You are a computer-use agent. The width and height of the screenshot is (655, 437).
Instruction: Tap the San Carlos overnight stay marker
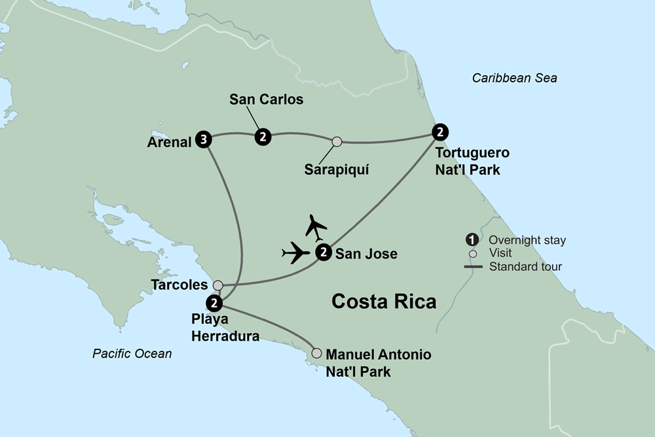click(x=263, y=137)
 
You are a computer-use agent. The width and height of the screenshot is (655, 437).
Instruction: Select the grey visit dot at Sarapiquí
click(x=337, y=141)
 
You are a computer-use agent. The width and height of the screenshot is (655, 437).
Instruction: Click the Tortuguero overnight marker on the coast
click(x=441, y=131)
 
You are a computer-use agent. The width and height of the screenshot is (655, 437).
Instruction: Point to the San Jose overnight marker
click(x=322, y=253)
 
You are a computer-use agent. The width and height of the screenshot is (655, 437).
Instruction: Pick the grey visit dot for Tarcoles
click(x=218, y=285)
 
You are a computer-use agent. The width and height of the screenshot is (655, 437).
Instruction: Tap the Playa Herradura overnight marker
click(x=214, y=303)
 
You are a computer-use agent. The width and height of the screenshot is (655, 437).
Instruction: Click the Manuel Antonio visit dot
click(x=317, y=353)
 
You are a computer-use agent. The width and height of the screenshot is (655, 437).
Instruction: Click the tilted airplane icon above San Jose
click(x=316, y=227)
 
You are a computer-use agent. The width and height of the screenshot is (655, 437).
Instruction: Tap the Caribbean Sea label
click(x=514, y=79)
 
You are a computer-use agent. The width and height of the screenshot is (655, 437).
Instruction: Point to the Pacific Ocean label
click(x=132, y=354)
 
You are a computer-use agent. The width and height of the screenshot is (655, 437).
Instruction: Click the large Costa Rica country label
click(x=384, y=302)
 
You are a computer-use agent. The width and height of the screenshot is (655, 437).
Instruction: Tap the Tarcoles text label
click(x=178, y=285)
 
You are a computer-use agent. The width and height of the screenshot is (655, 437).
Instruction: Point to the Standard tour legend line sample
click(x=473, y=266)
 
